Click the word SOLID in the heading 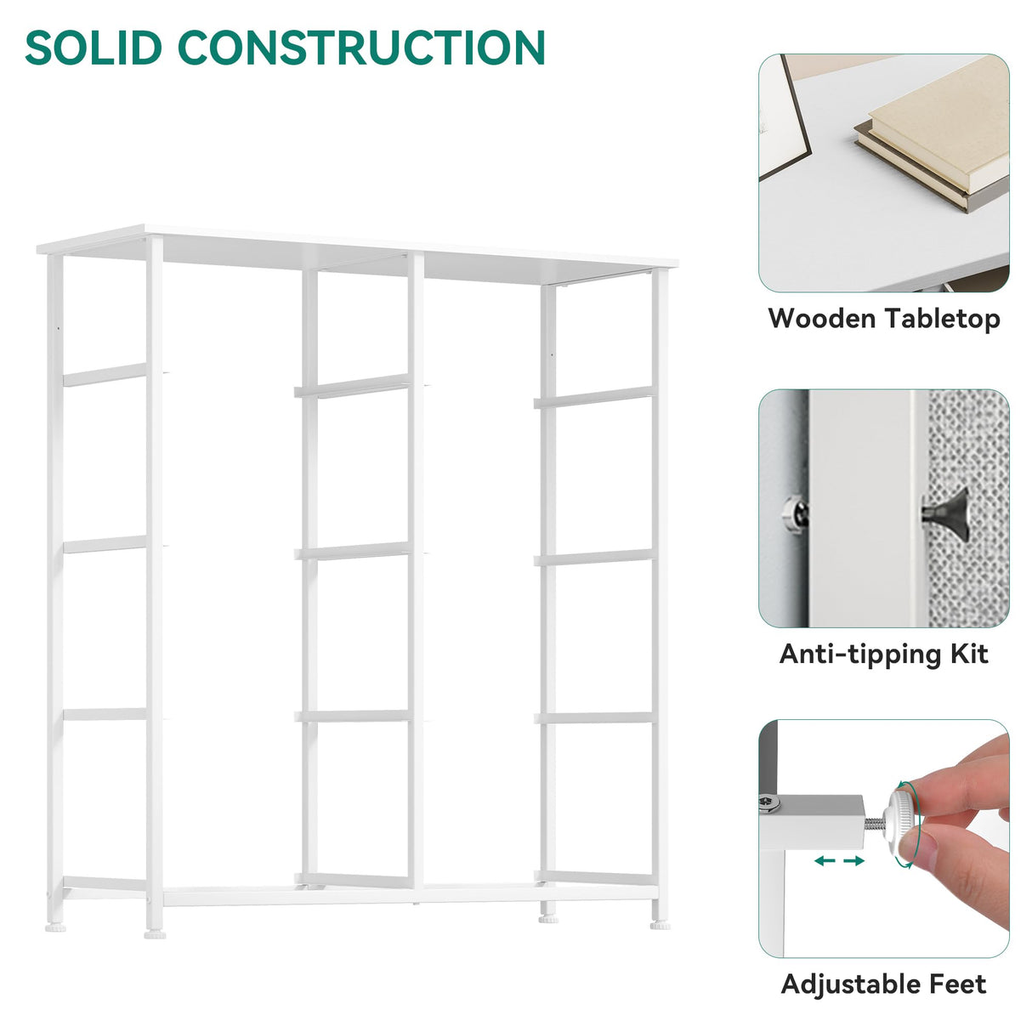[94, 48]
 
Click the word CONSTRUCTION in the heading [361, 48]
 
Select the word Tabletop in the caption [943, 320]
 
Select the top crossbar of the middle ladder [353, 387]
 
